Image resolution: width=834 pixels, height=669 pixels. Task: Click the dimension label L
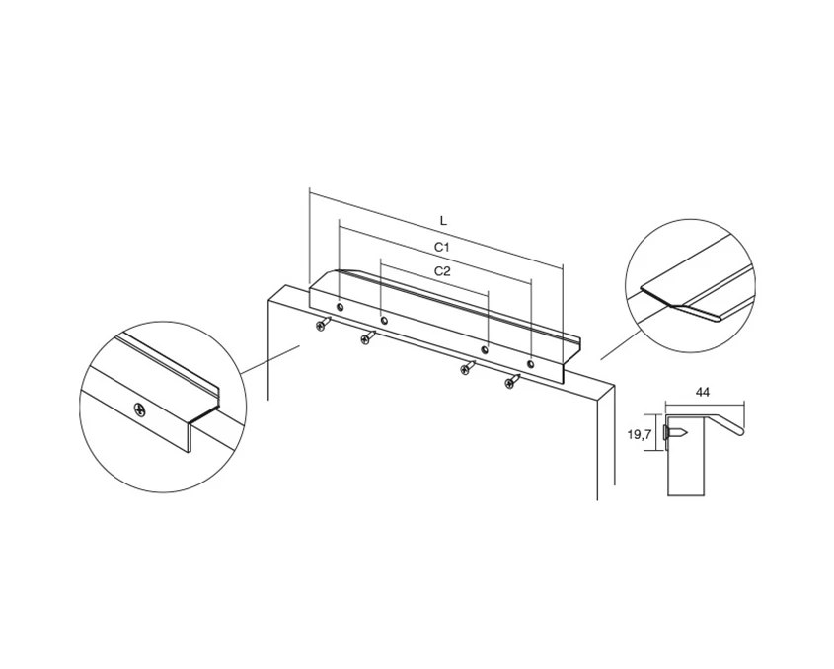443,221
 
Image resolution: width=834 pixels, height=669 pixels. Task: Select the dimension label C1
442,247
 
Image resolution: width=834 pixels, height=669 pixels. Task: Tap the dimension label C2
442,271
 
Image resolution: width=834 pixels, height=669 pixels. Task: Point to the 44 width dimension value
702,393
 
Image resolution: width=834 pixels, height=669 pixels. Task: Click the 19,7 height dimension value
640,435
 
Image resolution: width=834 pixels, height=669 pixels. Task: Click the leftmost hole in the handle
340,308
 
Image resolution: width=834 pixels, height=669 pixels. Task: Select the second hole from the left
384,321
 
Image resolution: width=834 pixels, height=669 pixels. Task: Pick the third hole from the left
484,350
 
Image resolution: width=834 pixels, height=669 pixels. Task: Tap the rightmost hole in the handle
530,364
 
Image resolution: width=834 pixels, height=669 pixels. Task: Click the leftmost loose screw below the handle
323,324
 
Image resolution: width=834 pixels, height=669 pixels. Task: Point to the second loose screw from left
368,337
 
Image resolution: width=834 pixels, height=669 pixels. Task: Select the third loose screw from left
468,367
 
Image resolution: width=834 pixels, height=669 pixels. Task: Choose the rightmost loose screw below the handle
513,381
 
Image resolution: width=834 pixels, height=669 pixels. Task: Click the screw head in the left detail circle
139,410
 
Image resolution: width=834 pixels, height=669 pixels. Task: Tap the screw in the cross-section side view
674,433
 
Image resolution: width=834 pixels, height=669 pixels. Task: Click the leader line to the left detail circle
271,359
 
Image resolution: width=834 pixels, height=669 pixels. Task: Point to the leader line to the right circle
621,345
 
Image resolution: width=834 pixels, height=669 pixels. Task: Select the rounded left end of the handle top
331,273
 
